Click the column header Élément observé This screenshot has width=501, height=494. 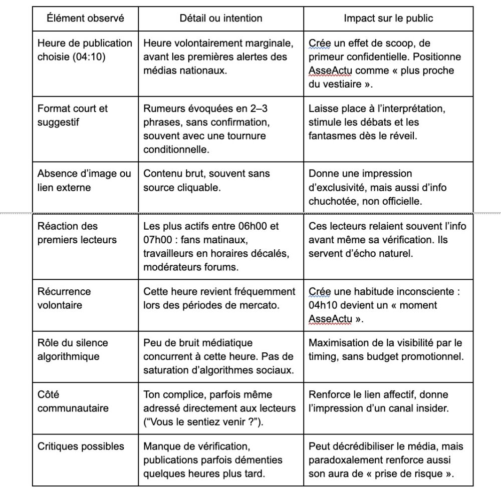(x=85, y=19)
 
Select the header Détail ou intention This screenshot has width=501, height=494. (x=221, y=19)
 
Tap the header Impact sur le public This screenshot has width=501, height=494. (x=388, y=19)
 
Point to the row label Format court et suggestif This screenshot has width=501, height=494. (x=73, y=115)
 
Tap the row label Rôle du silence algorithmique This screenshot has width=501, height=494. (x=73, y=349)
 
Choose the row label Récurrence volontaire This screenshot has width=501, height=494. (x=64, y=298)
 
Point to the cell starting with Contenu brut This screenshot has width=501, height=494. (x=206, y=180)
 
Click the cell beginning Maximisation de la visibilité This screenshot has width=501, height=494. (x=385, y=349)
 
